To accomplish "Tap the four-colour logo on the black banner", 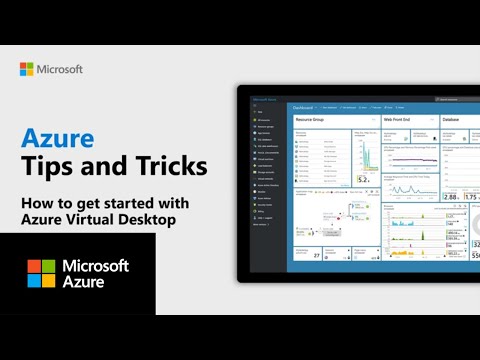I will coord(41,273).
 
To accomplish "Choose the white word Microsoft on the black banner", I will coord(96,266).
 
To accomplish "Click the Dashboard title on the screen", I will coord(301,105).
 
